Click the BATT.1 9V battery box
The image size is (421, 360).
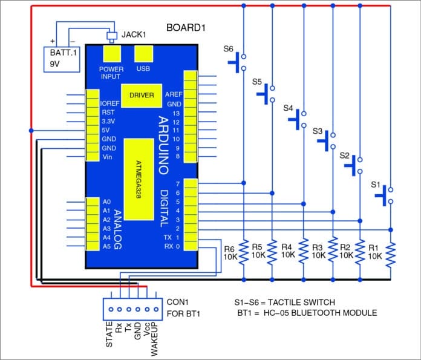(x=62, y=59)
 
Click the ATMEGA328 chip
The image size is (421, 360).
(x=140, y=180)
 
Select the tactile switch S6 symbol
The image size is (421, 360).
(x=240, y=62)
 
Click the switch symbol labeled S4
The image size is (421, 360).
(x=300, y=119)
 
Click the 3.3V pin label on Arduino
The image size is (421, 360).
(x=108, y=121)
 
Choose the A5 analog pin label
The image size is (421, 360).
(x=107, y=246)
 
